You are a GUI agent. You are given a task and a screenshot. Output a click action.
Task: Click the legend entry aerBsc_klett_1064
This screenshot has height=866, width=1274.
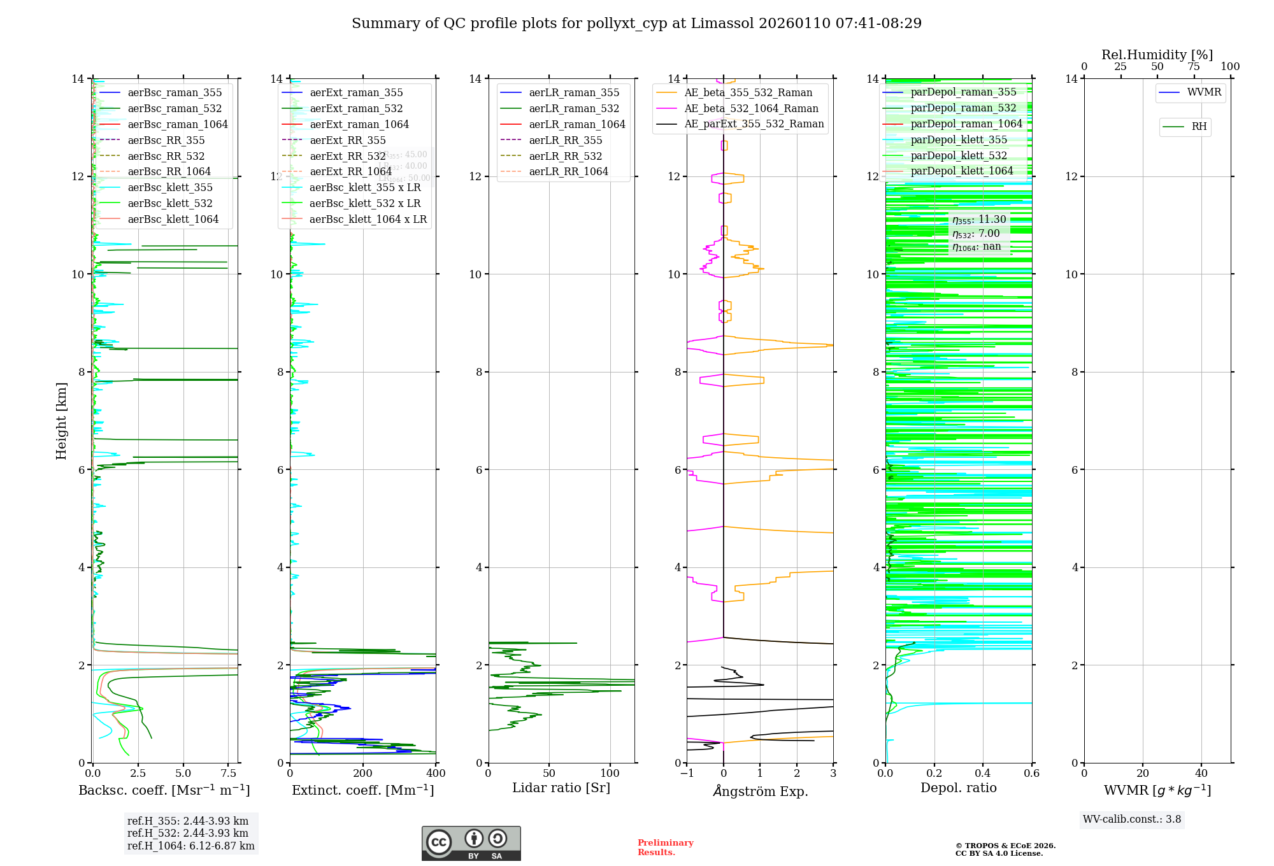[173, 219]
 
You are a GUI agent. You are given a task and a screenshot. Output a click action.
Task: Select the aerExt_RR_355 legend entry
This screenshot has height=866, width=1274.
[347, 140]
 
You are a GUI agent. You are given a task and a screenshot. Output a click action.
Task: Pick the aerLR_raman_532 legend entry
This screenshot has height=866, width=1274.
[574, 109]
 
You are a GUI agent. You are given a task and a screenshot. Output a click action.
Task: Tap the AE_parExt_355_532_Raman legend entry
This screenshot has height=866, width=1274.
[754, 124]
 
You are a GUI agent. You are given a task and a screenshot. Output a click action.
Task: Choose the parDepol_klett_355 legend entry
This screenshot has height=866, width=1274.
[959, 140]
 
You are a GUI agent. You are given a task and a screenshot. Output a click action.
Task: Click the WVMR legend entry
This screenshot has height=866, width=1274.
[1204, 92]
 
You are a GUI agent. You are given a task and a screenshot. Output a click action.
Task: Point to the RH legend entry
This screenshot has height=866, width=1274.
[1199, 127]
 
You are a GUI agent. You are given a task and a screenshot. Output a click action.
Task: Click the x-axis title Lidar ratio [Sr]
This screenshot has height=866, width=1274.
[561, 788]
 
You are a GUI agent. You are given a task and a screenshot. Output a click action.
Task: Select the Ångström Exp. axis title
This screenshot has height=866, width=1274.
[760, 791]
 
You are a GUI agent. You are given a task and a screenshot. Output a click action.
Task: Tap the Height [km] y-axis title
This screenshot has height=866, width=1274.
[61, 420]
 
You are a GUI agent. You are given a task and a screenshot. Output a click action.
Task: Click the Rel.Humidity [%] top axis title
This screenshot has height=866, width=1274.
[1157, 55]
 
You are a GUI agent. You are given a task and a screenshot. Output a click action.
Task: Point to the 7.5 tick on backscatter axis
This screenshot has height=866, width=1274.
[229, 774]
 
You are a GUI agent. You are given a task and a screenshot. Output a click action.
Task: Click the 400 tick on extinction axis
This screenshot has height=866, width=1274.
[436, 774]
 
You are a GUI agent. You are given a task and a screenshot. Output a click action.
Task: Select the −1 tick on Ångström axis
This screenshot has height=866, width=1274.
[687, 774]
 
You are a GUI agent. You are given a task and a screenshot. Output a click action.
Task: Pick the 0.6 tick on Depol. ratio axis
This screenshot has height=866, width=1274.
[1031, 774]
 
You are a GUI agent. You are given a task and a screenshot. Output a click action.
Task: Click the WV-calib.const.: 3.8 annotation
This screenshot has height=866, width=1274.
[1131, 820]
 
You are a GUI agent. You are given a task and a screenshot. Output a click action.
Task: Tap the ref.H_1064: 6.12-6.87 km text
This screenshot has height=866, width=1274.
[190, 846]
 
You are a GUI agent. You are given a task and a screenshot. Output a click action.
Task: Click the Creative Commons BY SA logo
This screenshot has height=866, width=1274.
[471, 843]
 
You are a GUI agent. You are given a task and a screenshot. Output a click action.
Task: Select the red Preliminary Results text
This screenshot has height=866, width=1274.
[665, 848]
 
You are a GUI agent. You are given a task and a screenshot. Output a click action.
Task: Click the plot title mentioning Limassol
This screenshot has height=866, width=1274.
[636, 24]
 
